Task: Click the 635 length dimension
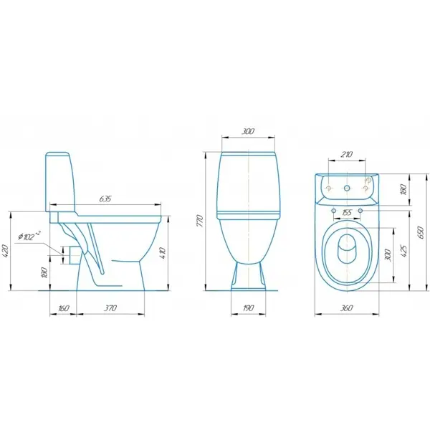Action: tap(105, 199)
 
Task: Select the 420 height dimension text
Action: tap(6, 252)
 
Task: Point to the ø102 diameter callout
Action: tap(29, 236)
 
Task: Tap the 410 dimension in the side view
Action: tap(162, 254)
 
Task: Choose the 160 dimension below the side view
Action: tap(63, 308)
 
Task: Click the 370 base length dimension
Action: tap(110, 308)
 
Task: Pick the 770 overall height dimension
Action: tap(200, 221)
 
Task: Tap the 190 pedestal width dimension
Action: tap(248, 308)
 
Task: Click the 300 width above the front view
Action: tap(248, 131)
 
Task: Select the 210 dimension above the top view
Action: tap(347, 154)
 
